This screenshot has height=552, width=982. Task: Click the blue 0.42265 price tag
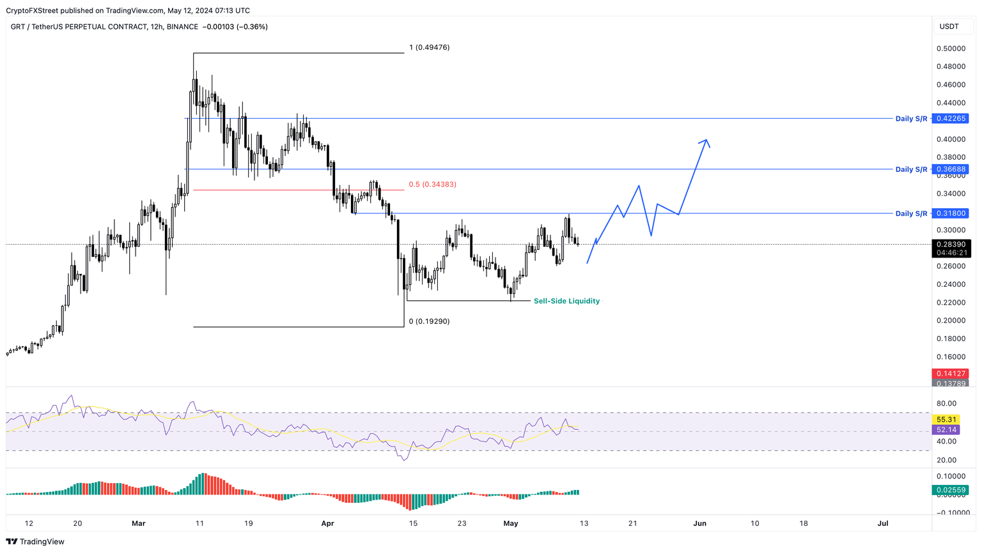(951, 118)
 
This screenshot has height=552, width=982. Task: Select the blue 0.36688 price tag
(951, 169)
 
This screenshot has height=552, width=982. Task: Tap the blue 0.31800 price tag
(951, 213)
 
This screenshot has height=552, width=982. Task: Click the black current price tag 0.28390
(951, 244)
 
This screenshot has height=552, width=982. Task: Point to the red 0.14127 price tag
(951, 374)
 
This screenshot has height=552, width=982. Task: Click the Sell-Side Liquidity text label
(566, 301)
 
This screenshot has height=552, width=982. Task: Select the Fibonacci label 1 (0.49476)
(429, 47)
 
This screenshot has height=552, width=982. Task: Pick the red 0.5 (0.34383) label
(432, 185)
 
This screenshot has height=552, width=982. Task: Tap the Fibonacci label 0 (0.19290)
(429, 321)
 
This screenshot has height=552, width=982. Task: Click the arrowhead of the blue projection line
(705, 141)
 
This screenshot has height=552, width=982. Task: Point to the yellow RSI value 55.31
(946, 420)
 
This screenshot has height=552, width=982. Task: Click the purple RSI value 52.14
(946, 430)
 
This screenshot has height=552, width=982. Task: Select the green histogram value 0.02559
(951, 490)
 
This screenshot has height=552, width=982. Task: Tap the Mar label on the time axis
(138, 523)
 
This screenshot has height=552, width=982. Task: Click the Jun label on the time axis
(699, 523)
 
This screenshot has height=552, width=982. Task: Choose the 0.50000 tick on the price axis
(951, 49)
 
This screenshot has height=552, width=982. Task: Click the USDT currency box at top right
(949, 26)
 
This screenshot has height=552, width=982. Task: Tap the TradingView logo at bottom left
(35, 542)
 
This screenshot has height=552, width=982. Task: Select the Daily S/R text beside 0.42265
(911, 119)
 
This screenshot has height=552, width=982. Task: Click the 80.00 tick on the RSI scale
(946, 403)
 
